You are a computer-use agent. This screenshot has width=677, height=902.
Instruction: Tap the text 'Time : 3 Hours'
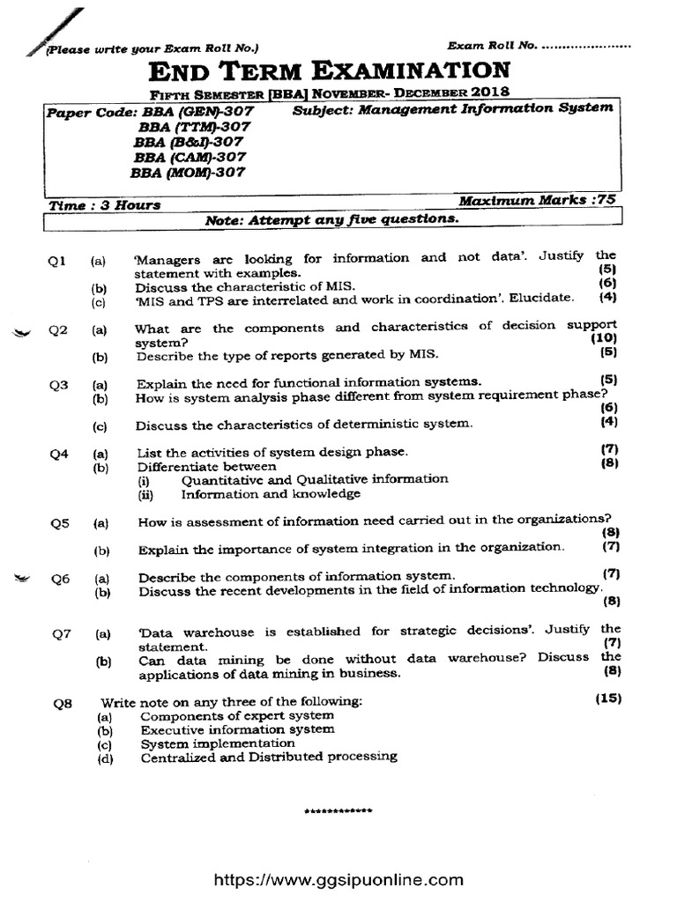tap(105, 205)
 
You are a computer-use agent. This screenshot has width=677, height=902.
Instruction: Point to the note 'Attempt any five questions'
tap(331, 218)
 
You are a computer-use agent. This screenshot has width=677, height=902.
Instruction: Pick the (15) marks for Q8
tap(607, 699)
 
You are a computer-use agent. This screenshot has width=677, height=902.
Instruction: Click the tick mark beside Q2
tap(23, 332)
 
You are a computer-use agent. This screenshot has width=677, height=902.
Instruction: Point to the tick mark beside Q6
tap(23, 578)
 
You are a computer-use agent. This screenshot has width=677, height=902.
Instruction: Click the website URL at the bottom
tap(338, 879)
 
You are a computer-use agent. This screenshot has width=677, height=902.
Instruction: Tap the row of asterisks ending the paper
tap(338, 810)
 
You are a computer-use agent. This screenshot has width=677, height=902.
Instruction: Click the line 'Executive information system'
tap(237, 729)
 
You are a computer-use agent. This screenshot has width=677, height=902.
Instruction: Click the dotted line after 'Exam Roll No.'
tap(589, 45)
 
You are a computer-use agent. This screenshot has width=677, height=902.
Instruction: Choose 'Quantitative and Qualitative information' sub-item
tap(315, 479)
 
